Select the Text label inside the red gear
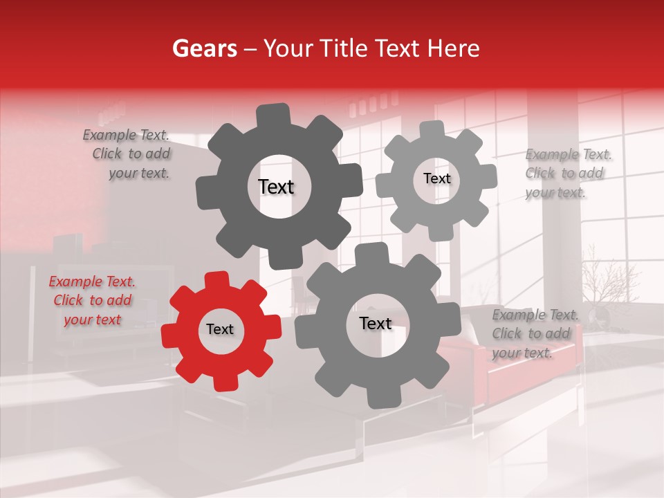click(x=220, y=330)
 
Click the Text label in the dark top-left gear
click(x=276, y=187)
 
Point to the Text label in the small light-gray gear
click(x=436, y=178)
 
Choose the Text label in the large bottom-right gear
click(x=376, y=324)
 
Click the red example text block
click(x=91, y=301)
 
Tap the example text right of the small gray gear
click(x=567, y=174)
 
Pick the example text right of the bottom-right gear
click(x=533, y=334)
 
